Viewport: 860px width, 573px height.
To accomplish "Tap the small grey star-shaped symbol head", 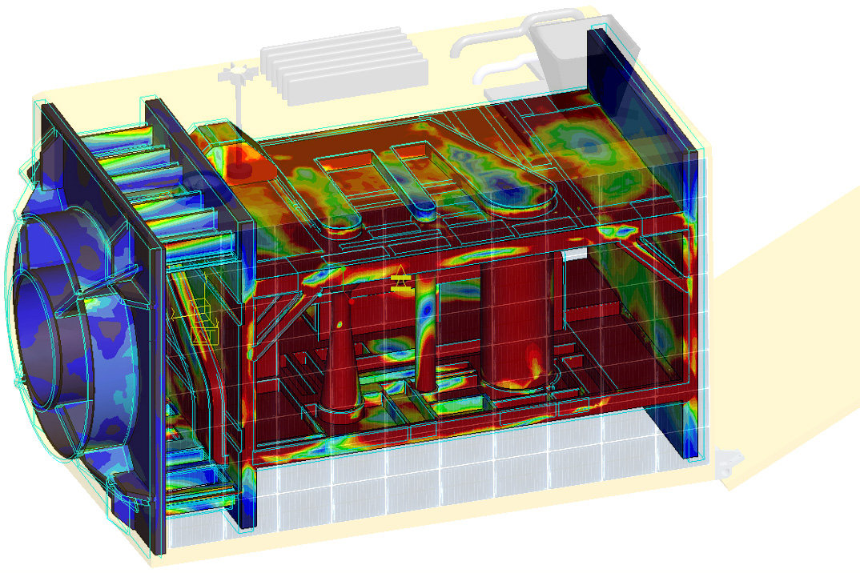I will (x=238, y=74).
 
